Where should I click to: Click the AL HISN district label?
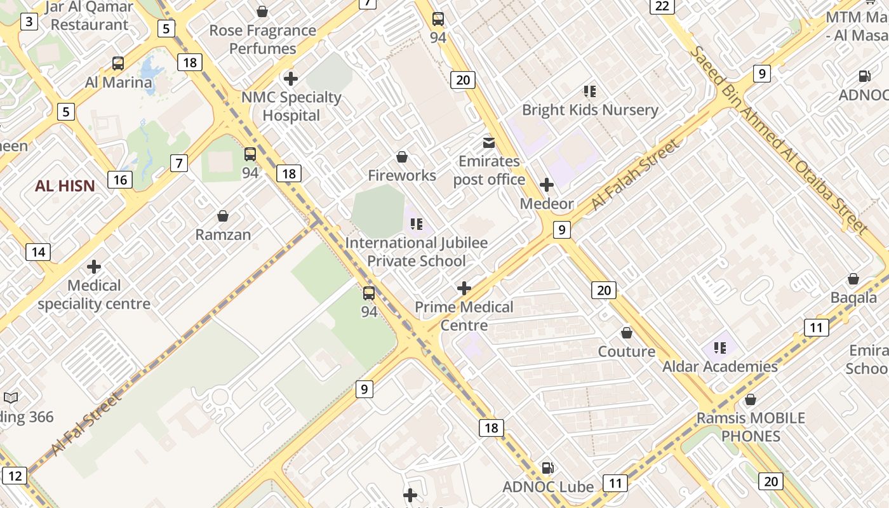[x=65, y=186]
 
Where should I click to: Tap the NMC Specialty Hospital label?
[x=291, y=106]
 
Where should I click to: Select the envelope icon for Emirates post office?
[x=488, y=142]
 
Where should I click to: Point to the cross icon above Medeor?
[x=547, y=185]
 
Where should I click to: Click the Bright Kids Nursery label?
[x=590, y=110]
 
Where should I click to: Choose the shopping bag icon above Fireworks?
[x=402, y=156]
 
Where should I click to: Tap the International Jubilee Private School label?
[x=417, y=251]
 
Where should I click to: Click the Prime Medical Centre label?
[x=464, y=316]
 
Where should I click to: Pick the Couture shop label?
[x=627, y=351]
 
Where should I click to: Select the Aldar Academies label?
[x=719, y=366]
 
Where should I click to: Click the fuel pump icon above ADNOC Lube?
[x=547, y=469]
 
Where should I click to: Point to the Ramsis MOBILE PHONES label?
[x=751, y=427]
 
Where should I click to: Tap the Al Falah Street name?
[x=635, y=175]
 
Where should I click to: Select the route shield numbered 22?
[x=662, y=6]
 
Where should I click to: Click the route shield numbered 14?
[x=38, y=252]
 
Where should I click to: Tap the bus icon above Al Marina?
[x=118, y=63]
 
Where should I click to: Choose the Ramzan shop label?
[x=223, y=234]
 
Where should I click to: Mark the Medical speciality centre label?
[x=94, y=295]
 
